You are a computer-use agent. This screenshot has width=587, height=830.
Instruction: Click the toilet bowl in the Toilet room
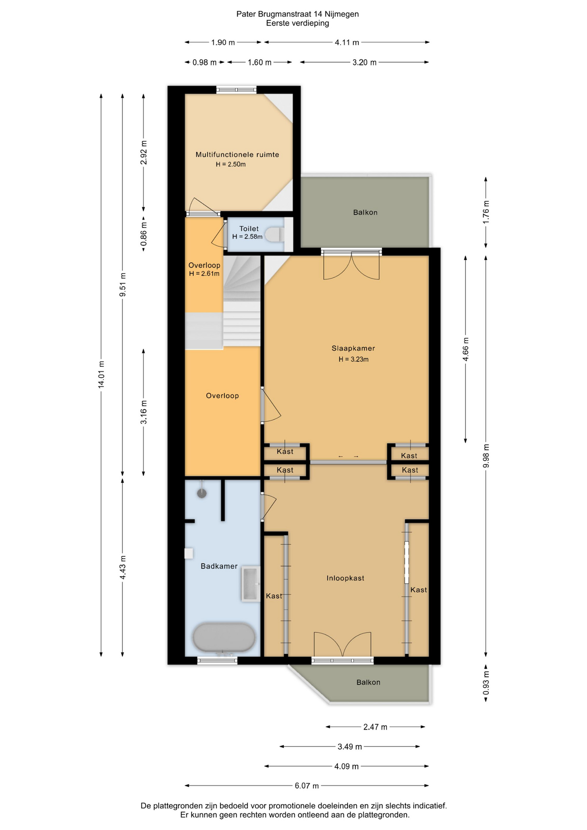click(x=274, y=235)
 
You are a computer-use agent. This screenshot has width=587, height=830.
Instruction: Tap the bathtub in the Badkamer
click(x=224, y=637)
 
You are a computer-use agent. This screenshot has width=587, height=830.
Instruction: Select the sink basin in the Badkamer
click(x=251, y=584)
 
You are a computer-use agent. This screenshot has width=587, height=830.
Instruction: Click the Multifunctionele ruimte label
click(x=237, y=154)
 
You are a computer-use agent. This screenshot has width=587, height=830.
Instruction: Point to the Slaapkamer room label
click(x=353, y=348)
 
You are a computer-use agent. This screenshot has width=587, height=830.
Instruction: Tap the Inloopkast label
click(x=345, y=578)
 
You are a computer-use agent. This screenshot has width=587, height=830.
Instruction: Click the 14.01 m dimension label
click(x=101, y=374)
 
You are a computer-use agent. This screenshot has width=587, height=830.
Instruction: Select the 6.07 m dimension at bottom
click(x=307, y=785)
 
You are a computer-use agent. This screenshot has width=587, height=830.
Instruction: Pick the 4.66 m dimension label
click(x=466, y=349)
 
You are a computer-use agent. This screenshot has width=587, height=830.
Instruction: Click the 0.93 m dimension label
click(x=486, y=683)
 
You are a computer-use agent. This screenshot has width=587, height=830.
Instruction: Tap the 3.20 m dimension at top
click(x=364, y=62)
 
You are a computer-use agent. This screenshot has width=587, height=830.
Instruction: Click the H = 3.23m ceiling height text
click(x=354, y=359)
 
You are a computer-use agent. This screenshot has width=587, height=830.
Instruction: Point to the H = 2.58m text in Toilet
click(x=247, y=236)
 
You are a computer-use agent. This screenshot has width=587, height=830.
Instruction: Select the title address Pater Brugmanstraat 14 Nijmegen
click(x=297, y=14)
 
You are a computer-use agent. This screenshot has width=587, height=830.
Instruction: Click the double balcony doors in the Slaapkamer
click(x=351, y=265)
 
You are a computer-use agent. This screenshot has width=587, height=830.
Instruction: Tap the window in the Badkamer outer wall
click(x=217, y=660)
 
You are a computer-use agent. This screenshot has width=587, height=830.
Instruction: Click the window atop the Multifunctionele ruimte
click(x=236, y=89)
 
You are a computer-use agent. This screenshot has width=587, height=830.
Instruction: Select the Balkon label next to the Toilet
click(x=365, y=212)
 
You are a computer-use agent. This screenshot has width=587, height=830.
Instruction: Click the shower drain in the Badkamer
click(x=202, y=493)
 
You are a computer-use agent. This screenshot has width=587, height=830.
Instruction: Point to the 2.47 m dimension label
click(x=375, y=727)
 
